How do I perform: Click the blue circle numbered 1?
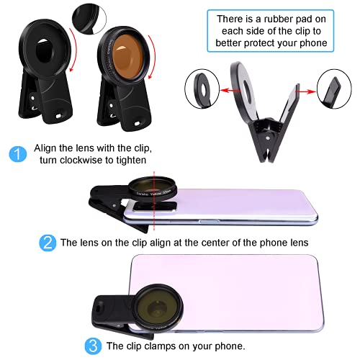point(18,154)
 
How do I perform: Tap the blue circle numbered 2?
point(48,243)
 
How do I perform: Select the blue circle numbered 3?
point(93,346)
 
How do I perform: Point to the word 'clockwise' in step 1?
point(81,160)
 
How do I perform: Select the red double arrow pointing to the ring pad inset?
point(230,91)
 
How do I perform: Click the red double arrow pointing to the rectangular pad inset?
point(305,91)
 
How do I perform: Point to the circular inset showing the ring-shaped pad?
point(202,89)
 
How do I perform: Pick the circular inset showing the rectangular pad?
point(334,89)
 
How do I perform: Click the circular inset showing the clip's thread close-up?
point(89,18)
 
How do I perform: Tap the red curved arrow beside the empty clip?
point(73,50)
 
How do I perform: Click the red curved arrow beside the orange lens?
point(153,57)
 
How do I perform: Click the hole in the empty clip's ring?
point(44,50)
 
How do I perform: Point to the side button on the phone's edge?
point(209,221)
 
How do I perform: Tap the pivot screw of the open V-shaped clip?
point(268,138)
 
